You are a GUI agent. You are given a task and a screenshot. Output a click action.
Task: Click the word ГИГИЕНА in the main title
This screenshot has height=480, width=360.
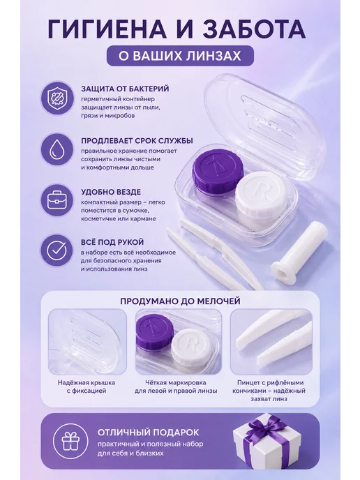pos(107,29)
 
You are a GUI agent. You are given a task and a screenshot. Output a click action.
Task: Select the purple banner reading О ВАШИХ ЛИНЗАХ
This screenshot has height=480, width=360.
pos(180,56)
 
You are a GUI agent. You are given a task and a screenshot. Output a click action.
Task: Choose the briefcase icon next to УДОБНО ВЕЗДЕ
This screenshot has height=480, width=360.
pos(57,200)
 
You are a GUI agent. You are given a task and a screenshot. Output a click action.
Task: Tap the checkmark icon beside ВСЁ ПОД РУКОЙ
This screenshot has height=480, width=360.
pos(57,250)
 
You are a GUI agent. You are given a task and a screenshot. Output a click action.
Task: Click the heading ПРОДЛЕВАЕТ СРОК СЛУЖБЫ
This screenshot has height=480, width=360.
pos(137,141)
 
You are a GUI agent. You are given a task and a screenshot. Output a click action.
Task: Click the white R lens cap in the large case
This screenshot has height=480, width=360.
pos(261,195)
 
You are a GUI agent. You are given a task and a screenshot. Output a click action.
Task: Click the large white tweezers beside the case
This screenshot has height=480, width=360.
pos(214,255)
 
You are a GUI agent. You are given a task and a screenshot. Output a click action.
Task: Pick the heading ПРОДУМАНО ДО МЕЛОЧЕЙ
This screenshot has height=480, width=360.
pos(180,301)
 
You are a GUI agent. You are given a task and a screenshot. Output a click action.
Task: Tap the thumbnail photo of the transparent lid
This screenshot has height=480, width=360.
pos(87,341)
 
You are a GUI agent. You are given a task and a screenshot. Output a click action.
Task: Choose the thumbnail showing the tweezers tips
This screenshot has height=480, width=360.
pos(271,341)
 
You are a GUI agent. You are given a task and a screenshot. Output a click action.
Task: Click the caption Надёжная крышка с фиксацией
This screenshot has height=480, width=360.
pos(87,387)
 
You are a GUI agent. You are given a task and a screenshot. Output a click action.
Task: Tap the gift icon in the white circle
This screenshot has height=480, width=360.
pos(70,441)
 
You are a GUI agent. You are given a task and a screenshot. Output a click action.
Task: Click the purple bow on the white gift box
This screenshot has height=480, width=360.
pos(267,428)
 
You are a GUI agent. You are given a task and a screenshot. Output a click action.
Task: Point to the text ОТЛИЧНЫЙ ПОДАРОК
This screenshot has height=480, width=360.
pos(148,433)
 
